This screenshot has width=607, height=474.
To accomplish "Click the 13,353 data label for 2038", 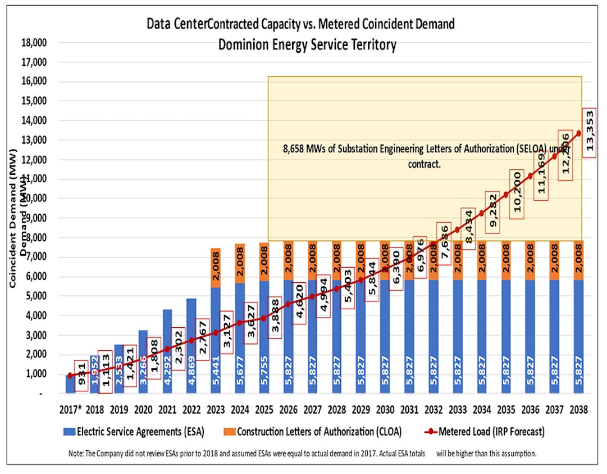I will coord(590,133).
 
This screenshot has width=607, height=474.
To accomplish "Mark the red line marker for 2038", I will coord(579,133).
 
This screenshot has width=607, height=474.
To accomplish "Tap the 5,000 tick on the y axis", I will coord(35,296).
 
